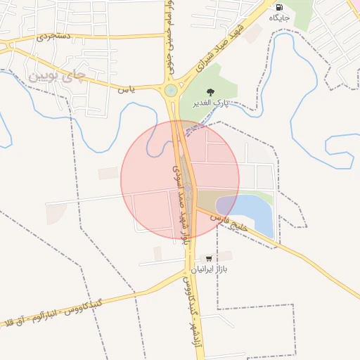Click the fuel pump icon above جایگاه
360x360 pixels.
281,7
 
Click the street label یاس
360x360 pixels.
126,89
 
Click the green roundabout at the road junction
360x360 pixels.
171,90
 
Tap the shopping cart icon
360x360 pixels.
208,258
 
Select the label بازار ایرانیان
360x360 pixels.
212,269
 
